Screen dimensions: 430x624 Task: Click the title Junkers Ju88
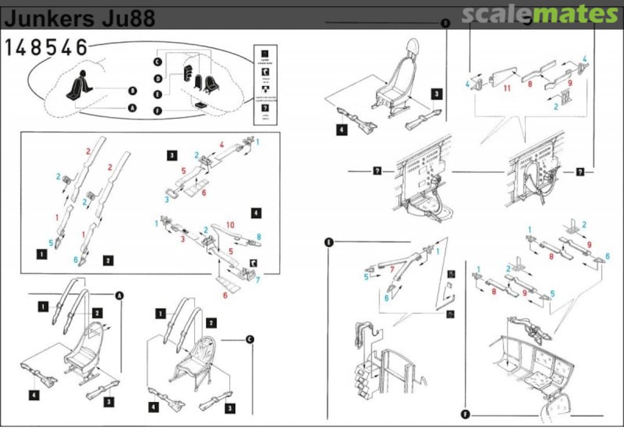pyautogui.click(x=80, y=19)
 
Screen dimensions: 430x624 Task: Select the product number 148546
pyautogui.click(x=46, y=48)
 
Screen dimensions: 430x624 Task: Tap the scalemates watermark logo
pyautogui.click(x=539, y=14)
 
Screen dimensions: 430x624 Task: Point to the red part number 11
pyautogui.click(x=507, y=88)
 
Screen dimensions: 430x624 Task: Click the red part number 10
pyautogui.click(x=229, y=225)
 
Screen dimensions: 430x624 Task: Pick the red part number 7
pyautogui.click(x=392, y=269)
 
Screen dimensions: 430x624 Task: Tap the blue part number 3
pyautogui.click(x=166, y=199)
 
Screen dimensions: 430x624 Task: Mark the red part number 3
pyautogui.click(x=183, y=239)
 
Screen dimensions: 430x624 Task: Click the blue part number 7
pyautogui.click(x=258, y=280)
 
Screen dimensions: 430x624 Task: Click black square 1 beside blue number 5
pyautogui.click(x=41, y=253)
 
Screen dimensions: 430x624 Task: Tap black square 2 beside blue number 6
pyautogui.click(x=108, y=260)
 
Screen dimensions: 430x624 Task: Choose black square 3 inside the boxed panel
pyautogui.click(x=172, y=155)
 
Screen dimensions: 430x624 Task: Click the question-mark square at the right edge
pyautogui.click(x=580, y=172)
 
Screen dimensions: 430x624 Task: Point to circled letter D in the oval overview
pyautogui.click(x=157, y=78)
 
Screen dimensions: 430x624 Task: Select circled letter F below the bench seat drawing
pyautogui.click(x=466, y=414)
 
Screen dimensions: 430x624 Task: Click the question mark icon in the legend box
pyautogui.click(x=265, y=108)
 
